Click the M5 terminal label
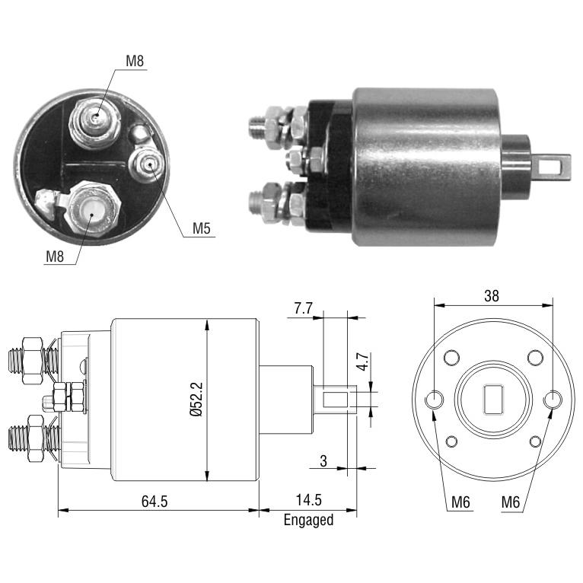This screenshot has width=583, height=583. (x=201, y=228)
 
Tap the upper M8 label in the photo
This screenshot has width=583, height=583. (x=135, y=61)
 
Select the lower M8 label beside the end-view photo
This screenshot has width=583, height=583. (x=55, y=256)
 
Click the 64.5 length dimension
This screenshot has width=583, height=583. (x=155, y=502)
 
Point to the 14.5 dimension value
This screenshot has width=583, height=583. (x=308, y=500)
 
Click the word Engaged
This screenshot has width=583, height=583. (x=308, y=520)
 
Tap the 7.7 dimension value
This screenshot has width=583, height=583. (x=304, y=308)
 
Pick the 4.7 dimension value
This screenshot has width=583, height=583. (x=362, y=362)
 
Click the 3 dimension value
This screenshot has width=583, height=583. (x=323, y=461)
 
